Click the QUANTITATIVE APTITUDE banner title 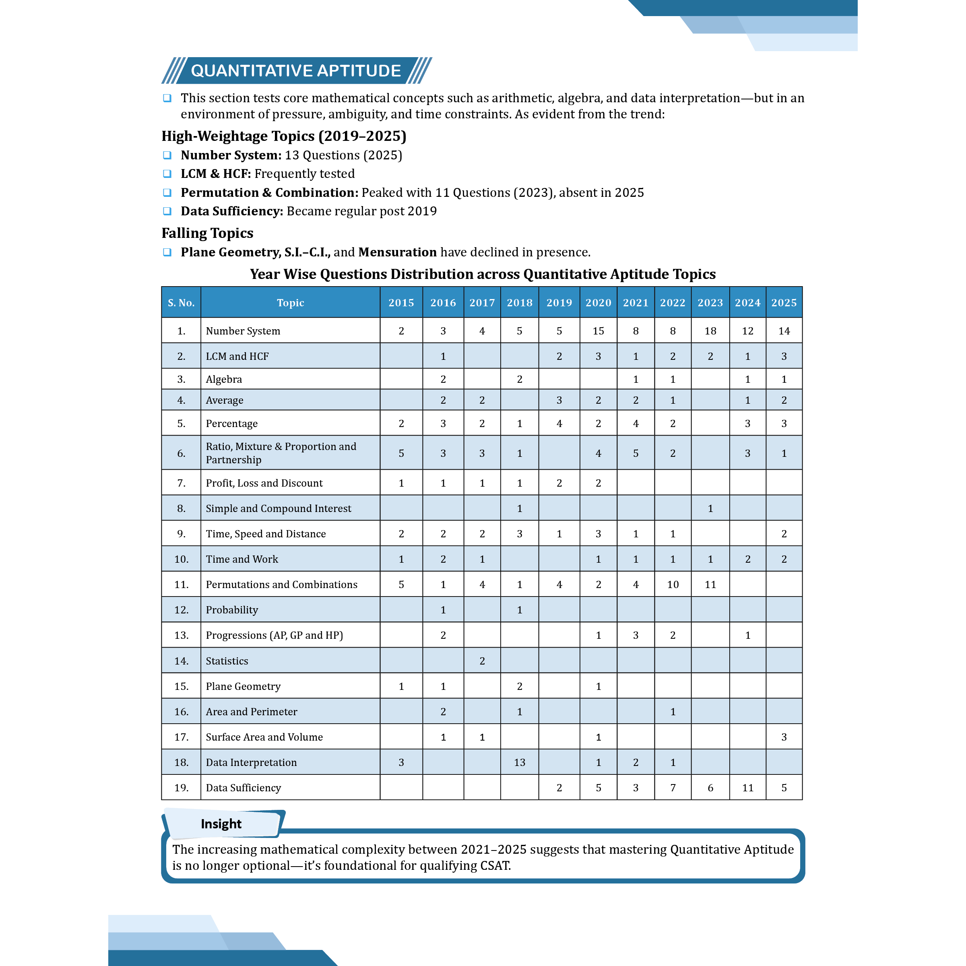point(295,70)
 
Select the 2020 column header point(598,303)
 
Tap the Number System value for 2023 point(710,330)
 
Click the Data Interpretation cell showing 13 point(520,762)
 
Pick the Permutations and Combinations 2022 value point(673,584)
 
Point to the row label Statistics point(227,661)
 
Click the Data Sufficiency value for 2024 point(747,788)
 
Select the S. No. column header point(181,303)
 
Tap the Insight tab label point(221,824)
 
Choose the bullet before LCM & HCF point(167,173)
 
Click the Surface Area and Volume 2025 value point(784,737)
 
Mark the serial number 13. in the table point(181,635)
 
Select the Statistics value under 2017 point(482,661)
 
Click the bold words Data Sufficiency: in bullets point(231,211)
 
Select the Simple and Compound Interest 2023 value point(710,508)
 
